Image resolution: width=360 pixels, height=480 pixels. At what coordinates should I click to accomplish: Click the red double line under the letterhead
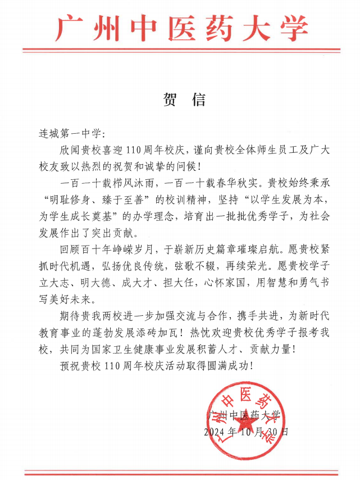point(180,51)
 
